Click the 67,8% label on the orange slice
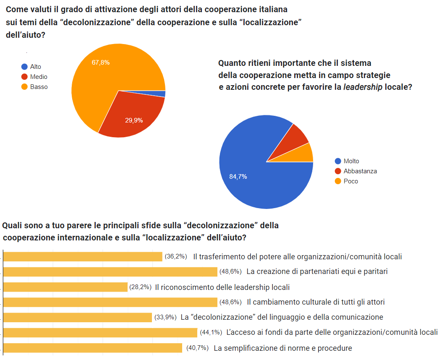(x=101, y=63)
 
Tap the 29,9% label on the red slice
(x=134, y=120)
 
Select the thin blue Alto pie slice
(x=161, y=94)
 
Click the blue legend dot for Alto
(x=24, y=67)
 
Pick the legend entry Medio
(x=39, y=77)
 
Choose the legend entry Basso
(x=39, y=87)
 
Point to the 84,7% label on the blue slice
(x=238, y=177)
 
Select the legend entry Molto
(x=351, y=161)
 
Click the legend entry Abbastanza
(x=360, y=171)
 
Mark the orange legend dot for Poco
(x=337, y=181)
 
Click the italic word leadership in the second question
(x=363, y=87)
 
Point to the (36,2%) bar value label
(x=175, y=256)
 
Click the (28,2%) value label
(x=141, y=287)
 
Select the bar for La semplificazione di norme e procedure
(x=93, y=348)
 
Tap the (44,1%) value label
(x=211, y=333)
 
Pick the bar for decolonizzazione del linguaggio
(x=78, y=317)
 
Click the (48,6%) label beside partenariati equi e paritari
(x=230, y=271)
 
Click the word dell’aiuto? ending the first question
(x=25, y=36)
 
